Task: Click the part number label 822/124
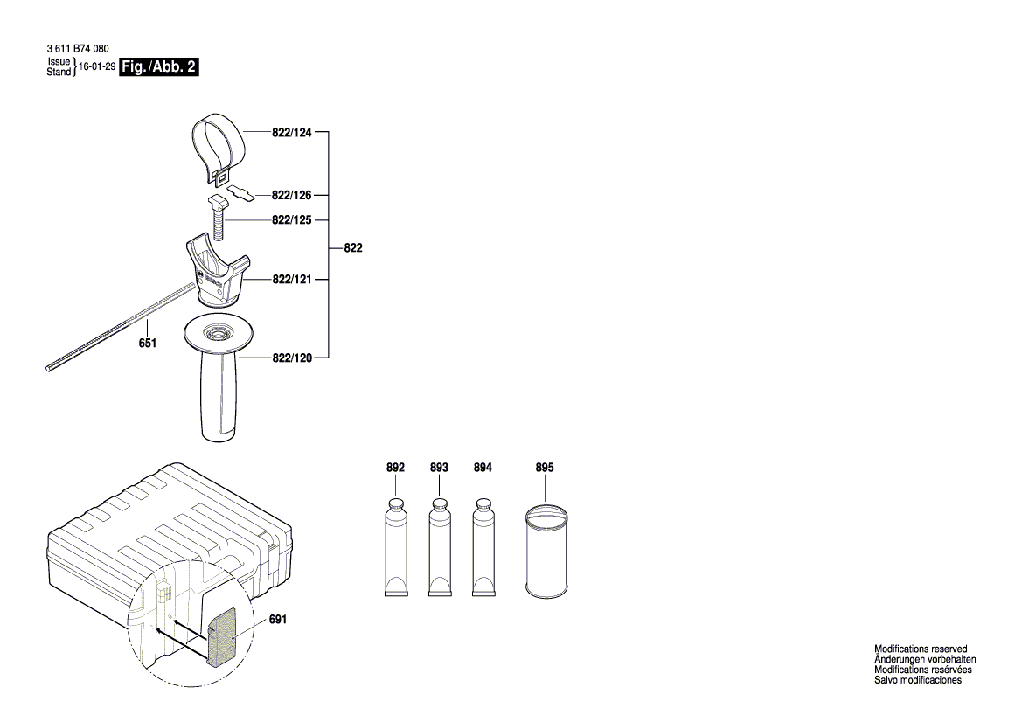292,132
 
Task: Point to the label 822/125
292,220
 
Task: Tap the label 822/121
292,280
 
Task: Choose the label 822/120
292,358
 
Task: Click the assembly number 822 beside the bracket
352,249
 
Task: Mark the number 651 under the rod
147,344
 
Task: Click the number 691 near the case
278,620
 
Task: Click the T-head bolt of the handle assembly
218,219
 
